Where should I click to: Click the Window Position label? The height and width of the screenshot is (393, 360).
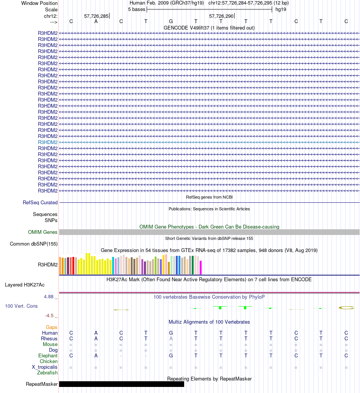click(39, 3)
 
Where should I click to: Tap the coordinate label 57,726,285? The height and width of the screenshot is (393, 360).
click(96, 16)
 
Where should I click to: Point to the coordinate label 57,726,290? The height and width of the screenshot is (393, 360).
click(221, 16)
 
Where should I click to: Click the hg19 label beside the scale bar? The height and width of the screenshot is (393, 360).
click(281, 9)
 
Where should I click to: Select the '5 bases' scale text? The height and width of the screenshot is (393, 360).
click(136, 9)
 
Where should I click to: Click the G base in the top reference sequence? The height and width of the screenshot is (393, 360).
click(171, 21)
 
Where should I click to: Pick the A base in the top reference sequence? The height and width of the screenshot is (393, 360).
click(96, 21)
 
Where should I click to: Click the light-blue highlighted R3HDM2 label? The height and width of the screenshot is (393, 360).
click(48, 142)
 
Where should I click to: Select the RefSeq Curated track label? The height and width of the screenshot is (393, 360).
click(40, 203)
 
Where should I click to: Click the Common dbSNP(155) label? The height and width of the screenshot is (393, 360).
click(34, 244)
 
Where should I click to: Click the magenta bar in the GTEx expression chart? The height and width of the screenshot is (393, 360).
click(201, 267)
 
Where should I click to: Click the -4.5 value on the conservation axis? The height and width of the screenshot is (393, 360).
click(50, 315)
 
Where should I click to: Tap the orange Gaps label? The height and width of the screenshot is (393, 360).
click(52, 327)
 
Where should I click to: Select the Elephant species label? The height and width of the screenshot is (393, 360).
click(48, 356)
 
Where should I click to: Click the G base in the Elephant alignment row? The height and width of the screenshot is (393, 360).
click(171, 356)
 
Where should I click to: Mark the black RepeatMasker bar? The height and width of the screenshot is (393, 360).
click(121, 384)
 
